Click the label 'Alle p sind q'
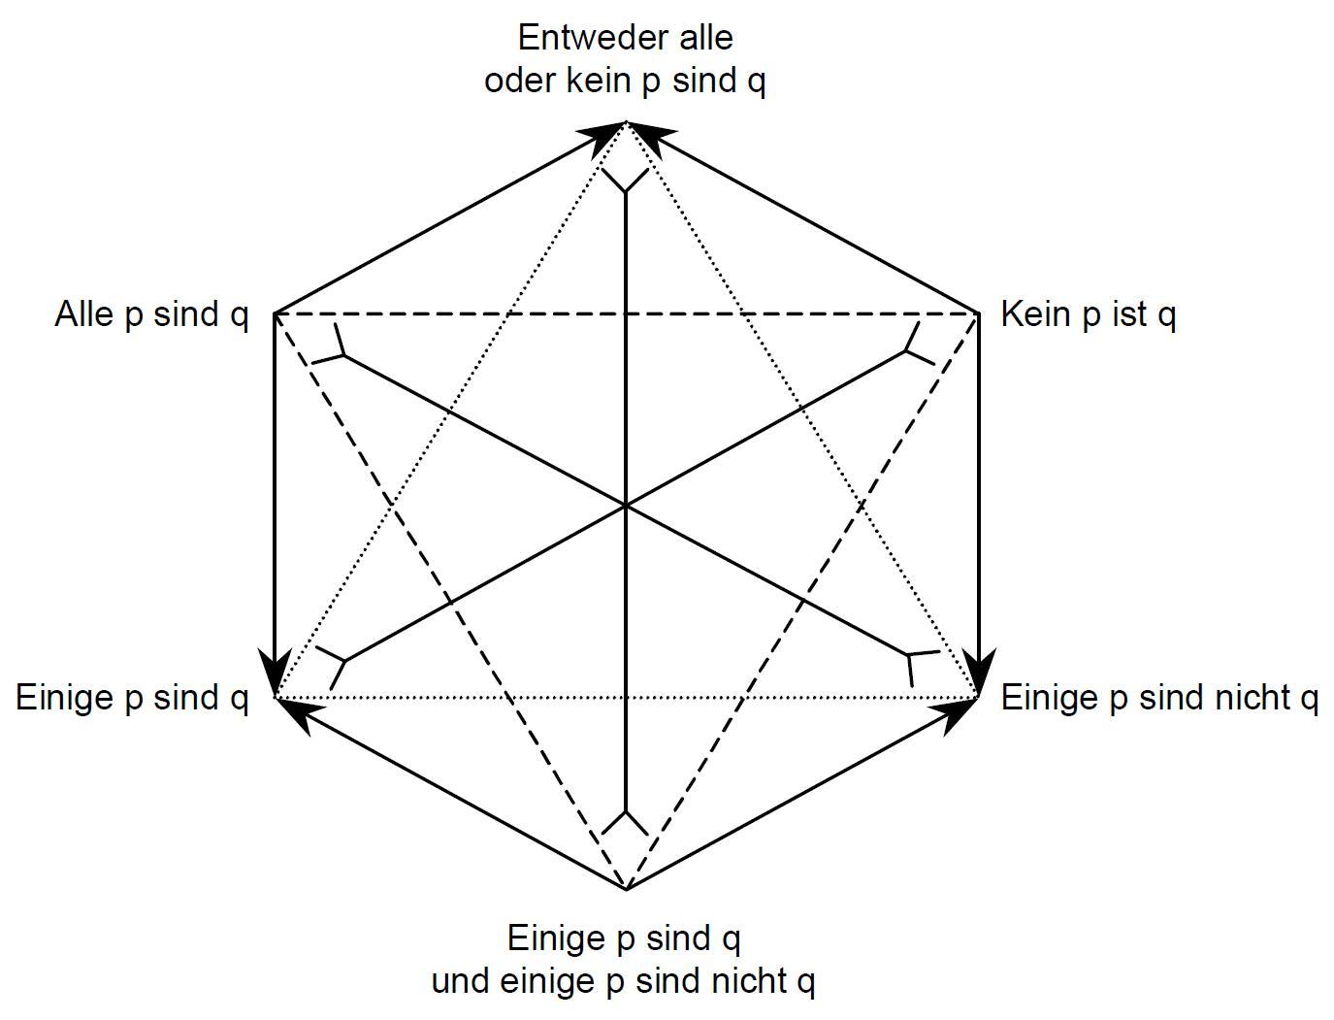[x=151, y=315]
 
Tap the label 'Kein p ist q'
[x=1088, y=315]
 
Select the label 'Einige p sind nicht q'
[x=1159, y=698]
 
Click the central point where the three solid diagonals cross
[x=627, y=506]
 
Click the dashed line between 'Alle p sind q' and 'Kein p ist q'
[x=627, y=314]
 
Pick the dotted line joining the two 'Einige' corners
[x=627, y=698]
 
